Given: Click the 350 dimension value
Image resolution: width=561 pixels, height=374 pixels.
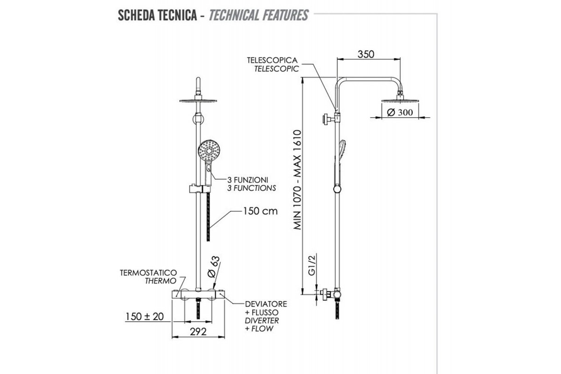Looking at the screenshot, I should point(366,54).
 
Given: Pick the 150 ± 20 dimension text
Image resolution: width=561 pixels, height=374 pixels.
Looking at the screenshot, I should point(144,316).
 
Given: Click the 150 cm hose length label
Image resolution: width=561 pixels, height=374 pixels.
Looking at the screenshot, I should point(260,211).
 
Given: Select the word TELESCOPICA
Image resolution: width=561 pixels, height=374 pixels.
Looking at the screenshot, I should point(273,61).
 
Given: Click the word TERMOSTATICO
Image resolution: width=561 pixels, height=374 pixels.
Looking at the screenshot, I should point(148,272).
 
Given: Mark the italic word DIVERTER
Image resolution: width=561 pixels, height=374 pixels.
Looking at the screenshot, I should point(262,321).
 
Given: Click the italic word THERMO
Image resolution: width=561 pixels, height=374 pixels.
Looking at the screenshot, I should point(160,281).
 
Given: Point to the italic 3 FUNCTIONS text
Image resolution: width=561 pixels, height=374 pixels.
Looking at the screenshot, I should point(252,188).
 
